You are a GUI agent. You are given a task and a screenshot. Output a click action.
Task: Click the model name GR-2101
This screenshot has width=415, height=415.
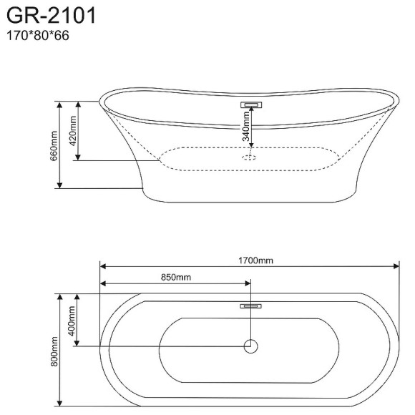pos(51,15)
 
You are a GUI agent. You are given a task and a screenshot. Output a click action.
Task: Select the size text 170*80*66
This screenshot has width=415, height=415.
pos(38,36)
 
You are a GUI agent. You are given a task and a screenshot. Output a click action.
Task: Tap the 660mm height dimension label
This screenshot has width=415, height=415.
pos(54,145)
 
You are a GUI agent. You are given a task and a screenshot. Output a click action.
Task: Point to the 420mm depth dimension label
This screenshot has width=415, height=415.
pos(73,131)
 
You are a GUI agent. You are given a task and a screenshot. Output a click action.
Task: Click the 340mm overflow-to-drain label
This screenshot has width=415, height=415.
pos(246,126)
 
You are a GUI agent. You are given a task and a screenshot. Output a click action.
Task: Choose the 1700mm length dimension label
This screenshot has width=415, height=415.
pos(255,260)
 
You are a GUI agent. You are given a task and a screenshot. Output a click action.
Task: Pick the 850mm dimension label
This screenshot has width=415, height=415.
pos(176,277)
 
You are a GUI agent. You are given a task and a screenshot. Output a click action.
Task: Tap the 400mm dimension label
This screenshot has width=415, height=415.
pos(72,321)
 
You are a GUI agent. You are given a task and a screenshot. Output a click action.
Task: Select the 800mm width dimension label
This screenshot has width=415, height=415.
pos(54,351)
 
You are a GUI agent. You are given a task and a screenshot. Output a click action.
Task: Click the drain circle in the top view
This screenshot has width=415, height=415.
pos(250,346)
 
